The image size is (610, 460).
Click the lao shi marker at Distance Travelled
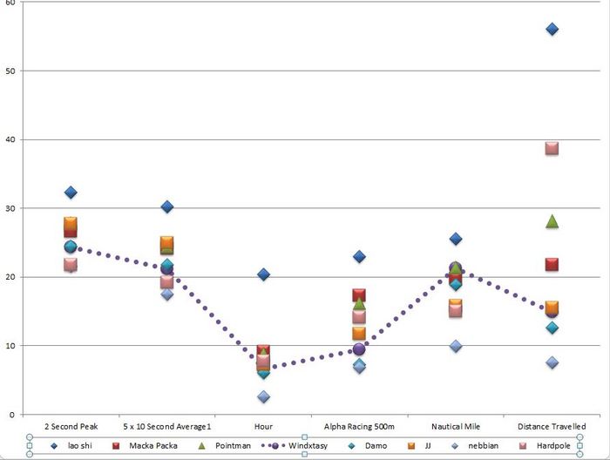pyautogui.click(x=552, y=30)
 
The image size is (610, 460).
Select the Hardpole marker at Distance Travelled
pyautogui.click(x=552, y=148)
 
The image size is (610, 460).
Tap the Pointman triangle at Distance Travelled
pyautogui.click(x=552, y=221)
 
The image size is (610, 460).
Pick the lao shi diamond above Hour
pyautogui.click(x=263, y=274)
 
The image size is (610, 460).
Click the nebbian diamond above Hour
pyautogui.click(x=263, y=396)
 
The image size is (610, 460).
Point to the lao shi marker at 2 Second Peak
pyautogui.click(x=71, y=193)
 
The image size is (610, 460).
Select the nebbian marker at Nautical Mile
pyautogui.click(x=456, y=346)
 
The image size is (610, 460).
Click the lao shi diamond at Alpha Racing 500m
pyautogui.click(x=359, y=257)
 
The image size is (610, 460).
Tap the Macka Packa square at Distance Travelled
pyautogui.click(x=552, y=264)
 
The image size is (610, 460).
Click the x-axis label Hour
pyautogui.click(x=263, y=427)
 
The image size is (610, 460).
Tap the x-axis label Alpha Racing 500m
pyautogui.click(x=359, y=427)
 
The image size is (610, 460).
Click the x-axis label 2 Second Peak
pyautogui.click(x=71, y=427)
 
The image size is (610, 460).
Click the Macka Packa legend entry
pyautogui.click(x=150, y=445)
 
